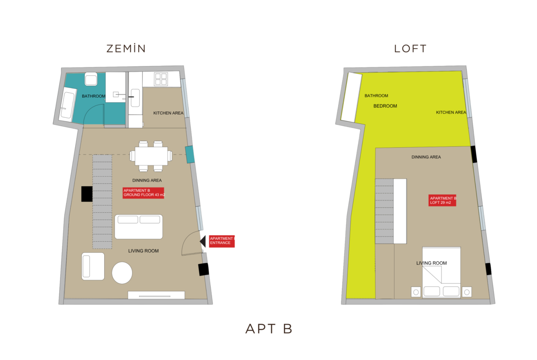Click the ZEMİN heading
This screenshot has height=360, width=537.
pos(126,48)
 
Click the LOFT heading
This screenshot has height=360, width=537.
pos(410,49)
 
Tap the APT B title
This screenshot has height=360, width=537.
pos(269,329)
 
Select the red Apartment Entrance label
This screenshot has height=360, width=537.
pos(222,241)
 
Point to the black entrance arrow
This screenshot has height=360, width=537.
pos(203,241)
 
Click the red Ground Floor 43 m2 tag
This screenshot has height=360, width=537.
pos(144,193)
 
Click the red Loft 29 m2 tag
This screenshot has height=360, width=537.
pos(442,200)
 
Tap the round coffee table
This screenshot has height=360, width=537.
pos(122,273)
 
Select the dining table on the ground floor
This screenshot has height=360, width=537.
pos(151,156)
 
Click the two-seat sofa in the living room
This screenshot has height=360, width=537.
pos(139,227)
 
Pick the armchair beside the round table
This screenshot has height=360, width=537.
pos(93,266)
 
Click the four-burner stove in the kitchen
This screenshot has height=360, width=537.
pos(161,79)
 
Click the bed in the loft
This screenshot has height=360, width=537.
pos(442,271)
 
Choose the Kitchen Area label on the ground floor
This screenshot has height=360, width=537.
pos(168,113)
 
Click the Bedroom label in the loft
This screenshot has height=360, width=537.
pos(385,106)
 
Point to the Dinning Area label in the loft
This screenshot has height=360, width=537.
pos(426,157)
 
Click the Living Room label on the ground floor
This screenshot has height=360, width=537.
pos(144,251)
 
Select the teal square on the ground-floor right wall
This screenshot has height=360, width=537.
pos(190,155)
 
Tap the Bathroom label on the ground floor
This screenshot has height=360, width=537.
pos(94,96)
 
